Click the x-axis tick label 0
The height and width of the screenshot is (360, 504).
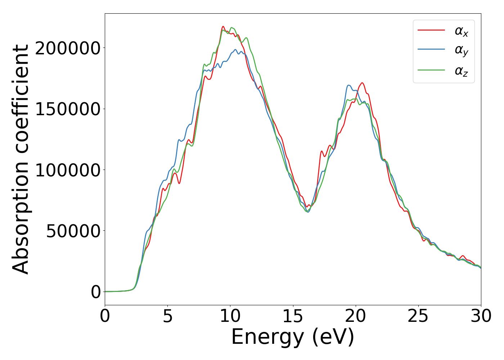pos(105,316)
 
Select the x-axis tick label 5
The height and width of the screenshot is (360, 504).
pos(167,316)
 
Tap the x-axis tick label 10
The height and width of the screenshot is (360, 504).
pos(230,316)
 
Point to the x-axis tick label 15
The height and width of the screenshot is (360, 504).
pos(293,316)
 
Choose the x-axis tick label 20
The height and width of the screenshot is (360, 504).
pos(356,316)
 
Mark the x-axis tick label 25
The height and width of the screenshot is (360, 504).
pos(418,316)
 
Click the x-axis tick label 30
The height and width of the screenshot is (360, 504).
pos(481,316)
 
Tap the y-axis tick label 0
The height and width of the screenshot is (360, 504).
pos(96,292)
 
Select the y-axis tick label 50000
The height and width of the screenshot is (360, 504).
pos(73,231)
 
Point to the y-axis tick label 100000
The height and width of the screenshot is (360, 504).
pos(68,170)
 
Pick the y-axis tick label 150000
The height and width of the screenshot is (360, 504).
pos(68,109)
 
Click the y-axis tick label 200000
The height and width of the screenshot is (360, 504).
pos(68,48)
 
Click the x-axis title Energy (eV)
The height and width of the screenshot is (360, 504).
pos(293,337)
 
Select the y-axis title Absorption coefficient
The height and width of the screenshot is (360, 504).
pos(21,159)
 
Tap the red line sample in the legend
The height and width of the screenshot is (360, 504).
pos(431,30)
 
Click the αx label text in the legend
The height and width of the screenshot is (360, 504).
pos(461,31)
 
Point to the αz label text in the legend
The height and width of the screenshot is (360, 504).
pos(461,71)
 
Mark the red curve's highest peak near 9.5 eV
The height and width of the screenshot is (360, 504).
pos(223,27)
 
